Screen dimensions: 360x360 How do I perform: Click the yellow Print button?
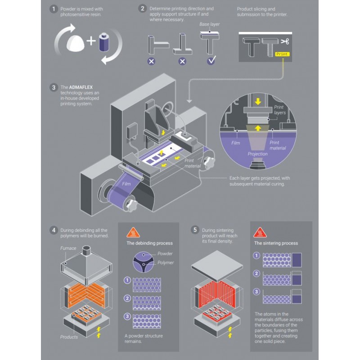(x=282, y=54)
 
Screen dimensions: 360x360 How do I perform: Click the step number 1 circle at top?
(x=54, y=9)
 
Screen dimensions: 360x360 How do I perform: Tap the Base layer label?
(x=209, y=24)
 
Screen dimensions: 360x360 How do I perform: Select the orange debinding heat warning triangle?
(x=133, y=232)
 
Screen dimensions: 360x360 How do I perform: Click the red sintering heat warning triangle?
(x=260, y=232)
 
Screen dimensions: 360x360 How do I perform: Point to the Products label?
(x=69, y=336)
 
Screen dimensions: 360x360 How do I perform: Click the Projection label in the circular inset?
(x=257, y=154)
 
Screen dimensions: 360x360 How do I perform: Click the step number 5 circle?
(x=195, y=230)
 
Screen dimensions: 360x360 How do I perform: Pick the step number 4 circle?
(x=54, y=230)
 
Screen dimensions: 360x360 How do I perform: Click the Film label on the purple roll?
(x=126, y=184)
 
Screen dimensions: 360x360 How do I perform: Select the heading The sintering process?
(x=276, y=243)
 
